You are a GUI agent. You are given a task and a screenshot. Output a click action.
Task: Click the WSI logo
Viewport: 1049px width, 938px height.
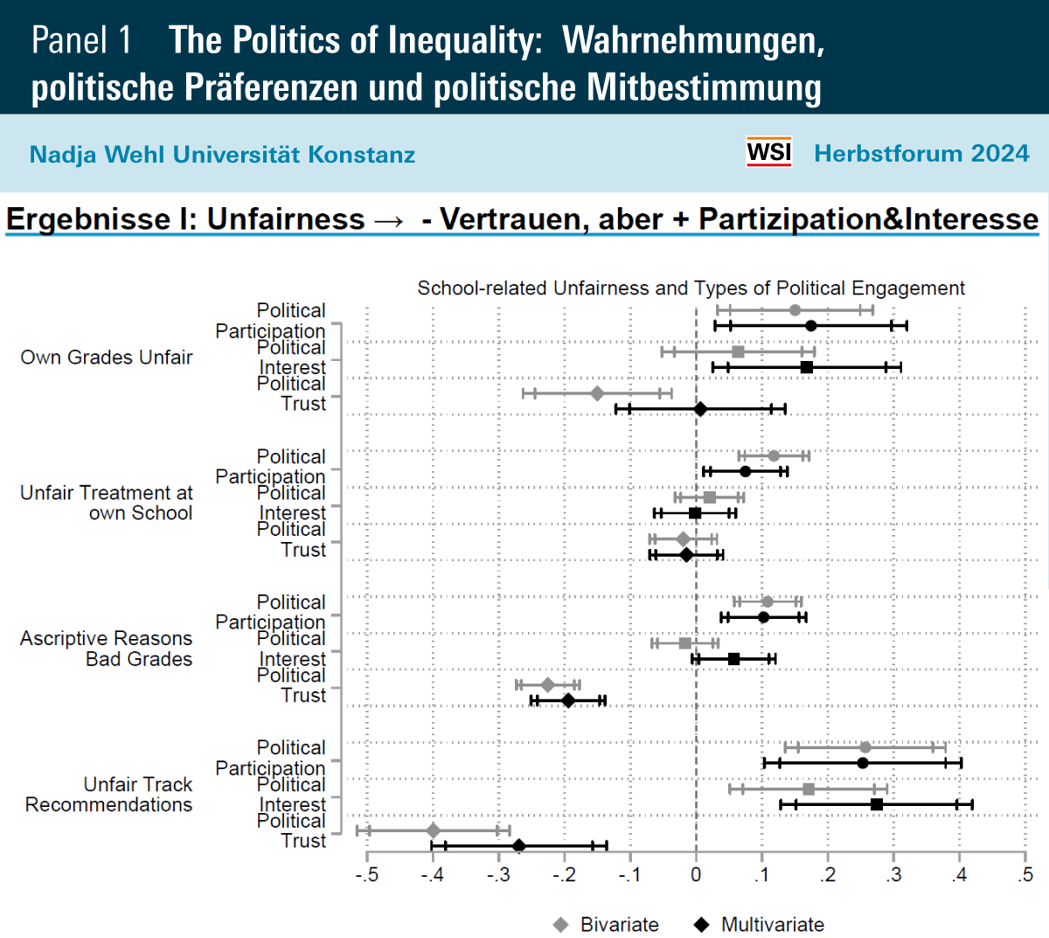click(x=768, y=152)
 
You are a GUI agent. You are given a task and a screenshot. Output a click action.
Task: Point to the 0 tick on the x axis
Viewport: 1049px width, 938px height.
click(x=696, y=874)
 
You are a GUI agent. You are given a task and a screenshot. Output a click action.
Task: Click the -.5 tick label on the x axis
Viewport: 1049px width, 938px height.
click(x=366, y=874)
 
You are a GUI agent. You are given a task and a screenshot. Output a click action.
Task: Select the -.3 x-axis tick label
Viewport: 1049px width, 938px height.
click(x=497, y=874)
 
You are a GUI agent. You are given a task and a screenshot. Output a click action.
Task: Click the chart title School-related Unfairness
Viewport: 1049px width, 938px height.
click(x=691, y=288)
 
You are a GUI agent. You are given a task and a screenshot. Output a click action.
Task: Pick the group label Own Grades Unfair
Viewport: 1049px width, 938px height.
click(x=107, y=357)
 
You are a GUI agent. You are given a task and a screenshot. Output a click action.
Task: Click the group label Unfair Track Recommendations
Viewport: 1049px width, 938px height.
click(x=108, y=795)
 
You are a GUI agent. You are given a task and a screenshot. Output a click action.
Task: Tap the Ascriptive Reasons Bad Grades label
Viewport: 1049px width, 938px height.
click(x=107, y=649)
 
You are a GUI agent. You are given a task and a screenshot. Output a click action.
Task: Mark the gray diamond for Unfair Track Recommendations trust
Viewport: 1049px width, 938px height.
click(x=433, y=830)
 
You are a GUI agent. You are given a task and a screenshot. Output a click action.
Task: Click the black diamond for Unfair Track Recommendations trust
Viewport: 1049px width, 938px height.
click(x=518, y=845)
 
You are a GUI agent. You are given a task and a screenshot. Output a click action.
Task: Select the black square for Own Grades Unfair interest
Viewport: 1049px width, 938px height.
click(x=807, y=367)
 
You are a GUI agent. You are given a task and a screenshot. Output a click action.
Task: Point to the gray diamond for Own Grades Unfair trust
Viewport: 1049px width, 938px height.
click(x=597, y=393)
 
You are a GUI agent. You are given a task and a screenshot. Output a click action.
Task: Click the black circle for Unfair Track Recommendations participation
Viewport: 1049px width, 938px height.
click(x=863, y=762)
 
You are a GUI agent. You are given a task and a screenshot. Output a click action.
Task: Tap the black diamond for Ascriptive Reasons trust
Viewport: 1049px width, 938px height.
click(x=568, y=700)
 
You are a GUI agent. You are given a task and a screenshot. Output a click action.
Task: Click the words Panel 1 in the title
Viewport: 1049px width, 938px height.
click(x=81, y=40)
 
